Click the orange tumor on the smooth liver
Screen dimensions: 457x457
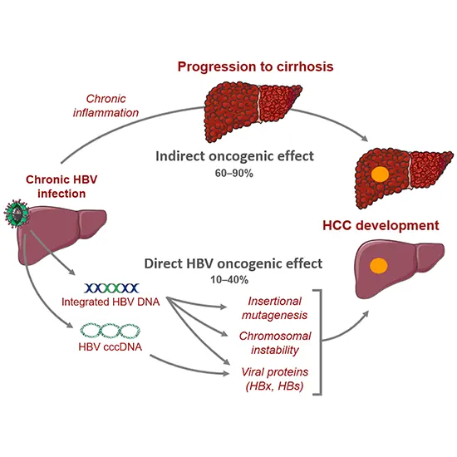[x=379, y=267]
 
